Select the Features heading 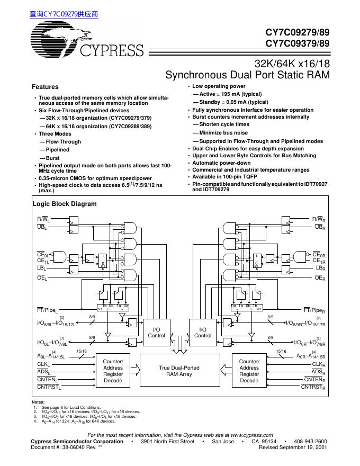(45, 87)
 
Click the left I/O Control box (156, 332)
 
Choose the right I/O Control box (203, 332)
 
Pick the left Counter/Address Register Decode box (113, 371)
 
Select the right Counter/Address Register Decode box (249, 371)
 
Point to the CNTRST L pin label (49, 388)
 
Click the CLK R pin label (318, 364)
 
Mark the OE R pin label (319, 277)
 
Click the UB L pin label (42, 227)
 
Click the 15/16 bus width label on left (82, 351)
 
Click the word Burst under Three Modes (53, 158)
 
